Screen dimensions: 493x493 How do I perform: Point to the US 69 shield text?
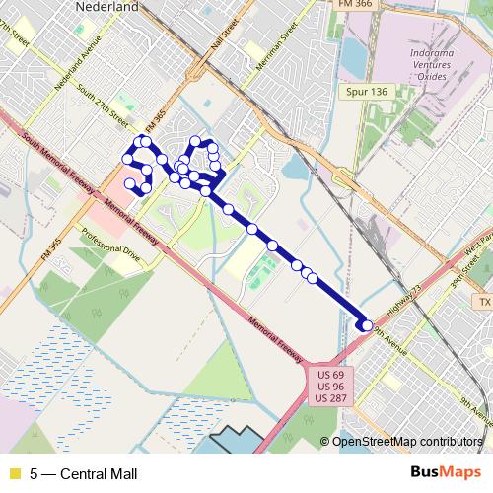(328, 376)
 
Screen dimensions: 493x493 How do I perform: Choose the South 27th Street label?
(103, 108)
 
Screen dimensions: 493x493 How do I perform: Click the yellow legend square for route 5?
(14, 473)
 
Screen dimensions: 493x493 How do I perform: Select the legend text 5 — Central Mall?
(83, 473)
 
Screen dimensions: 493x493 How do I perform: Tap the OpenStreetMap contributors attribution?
(407, 442)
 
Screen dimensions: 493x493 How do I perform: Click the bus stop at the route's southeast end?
(367, 325)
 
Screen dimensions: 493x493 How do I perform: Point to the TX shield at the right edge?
(483, 301)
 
